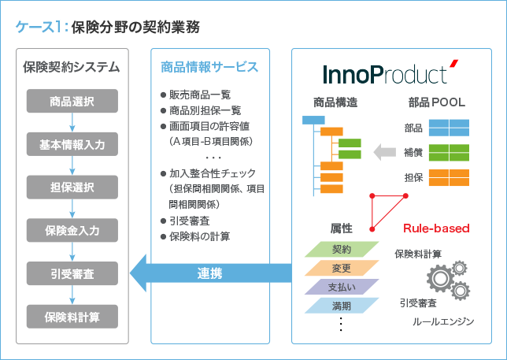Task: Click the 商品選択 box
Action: click(72, 101)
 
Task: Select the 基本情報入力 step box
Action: click(72, 144)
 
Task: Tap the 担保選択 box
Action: click(72, 187)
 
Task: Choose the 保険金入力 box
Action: click(72, 231)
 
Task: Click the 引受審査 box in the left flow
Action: click(72, 274)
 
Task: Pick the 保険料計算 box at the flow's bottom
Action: click(72, 317)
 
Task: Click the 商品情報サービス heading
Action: click(209, 66)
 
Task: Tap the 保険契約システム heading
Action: click(72, 66)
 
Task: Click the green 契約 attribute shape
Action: click(342, 250)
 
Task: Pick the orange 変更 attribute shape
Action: click(342, 268)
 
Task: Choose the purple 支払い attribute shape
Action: click(342, 286)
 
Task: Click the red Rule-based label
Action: click(436, 228)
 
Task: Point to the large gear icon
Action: click(441, 280)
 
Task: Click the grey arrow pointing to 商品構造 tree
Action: click(385, 150)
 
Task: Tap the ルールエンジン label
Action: click(443, 322)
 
